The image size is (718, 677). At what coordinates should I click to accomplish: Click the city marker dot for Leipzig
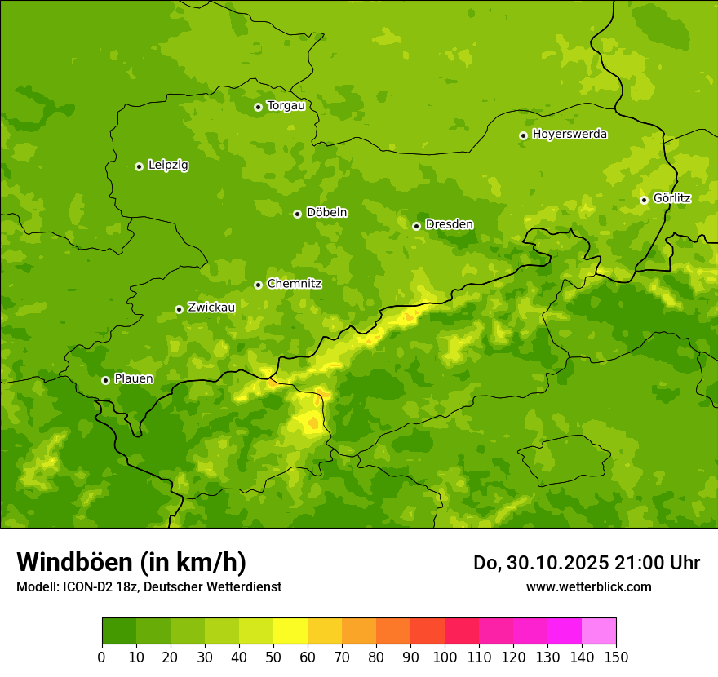pyautogui.click(x=139, y=166)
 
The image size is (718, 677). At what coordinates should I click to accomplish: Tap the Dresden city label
pyautogui.click(x=449, y=224)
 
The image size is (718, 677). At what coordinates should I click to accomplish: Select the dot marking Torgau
pyautogui.click(x=258, y=107)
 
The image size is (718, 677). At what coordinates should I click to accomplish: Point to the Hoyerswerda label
pyautogui.click(x=570, y=135)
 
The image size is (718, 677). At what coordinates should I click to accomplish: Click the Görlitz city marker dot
pyautogui.click(x=644, y=200)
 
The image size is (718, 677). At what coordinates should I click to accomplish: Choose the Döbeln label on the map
pyautogui.click(x=326, y=213)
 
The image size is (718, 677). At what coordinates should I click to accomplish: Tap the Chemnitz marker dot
pyautogui.click(x=258, y=285)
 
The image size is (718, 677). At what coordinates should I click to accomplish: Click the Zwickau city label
pyautogui.click(x=211, y=308)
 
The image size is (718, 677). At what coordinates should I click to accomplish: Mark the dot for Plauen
pyautogui.click(x=105, y=380)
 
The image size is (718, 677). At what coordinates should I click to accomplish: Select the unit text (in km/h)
pyautogui.click(x=193, y=563)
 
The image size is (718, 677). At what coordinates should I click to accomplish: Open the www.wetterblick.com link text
pyautogui.click(x=588, y=586)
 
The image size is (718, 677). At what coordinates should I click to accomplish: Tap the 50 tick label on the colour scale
pyautogui.click(x=273, y=657)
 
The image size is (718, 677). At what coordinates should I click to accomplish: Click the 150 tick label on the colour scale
pyautogui.click(x=615, y=657)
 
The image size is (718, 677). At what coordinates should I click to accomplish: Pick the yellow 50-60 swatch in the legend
pyautogui.click(x=290, y=631)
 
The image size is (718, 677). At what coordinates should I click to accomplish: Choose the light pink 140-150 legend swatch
pyautogui.click(x=599, y=631)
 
